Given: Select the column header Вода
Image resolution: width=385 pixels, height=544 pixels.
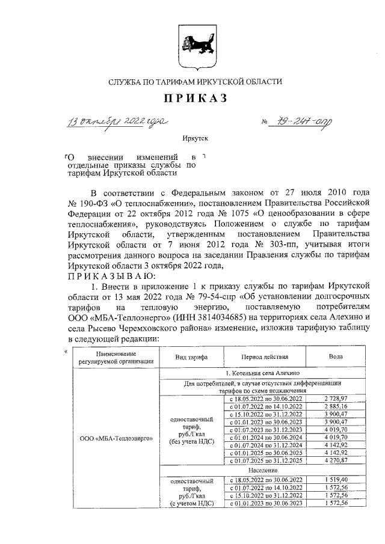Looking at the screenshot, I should (x=336, y=356).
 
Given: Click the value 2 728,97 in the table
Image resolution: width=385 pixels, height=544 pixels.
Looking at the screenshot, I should (x=336, y=399).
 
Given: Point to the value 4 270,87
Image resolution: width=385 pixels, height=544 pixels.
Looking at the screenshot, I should (x=336, y=460).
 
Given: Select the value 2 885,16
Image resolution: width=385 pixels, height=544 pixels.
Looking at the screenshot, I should (x=336, y=406).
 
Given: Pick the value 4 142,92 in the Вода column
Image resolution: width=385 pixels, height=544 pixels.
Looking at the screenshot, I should (x=336, y=453).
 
